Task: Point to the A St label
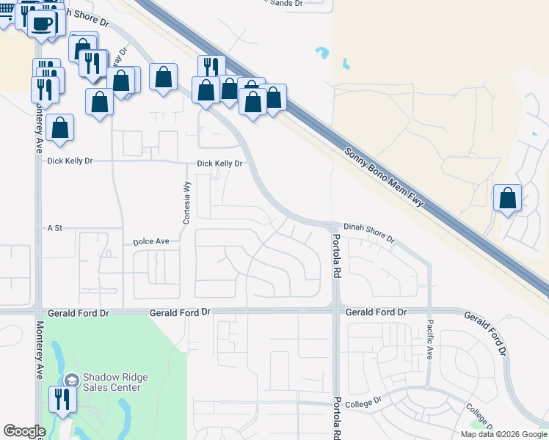point(55,229)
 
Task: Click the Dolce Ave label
point(151,241)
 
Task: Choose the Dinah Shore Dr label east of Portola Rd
point(369,233)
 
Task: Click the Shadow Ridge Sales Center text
point(115,382)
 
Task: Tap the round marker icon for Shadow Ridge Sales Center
point(71,380)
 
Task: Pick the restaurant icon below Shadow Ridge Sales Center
point(60,399)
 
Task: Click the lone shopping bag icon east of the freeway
point(507,197)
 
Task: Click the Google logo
point(24,431)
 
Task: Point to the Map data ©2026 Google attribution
point(503,434)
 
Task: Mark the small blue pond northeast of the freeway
point(321,53)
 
